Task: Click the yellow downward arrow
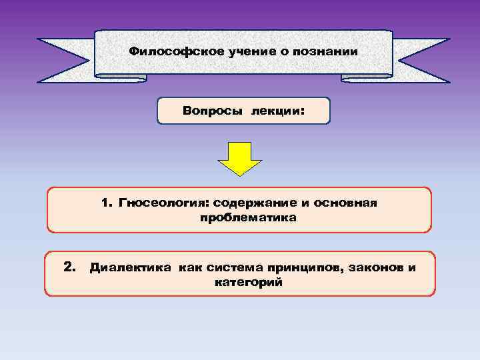pos(240,158)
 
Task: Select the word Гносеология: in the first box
pos(164,202)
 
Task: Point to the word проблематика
pos(247,217)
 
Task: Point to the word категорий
pos(248,283)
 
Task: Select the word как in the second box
pos(189,268)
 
